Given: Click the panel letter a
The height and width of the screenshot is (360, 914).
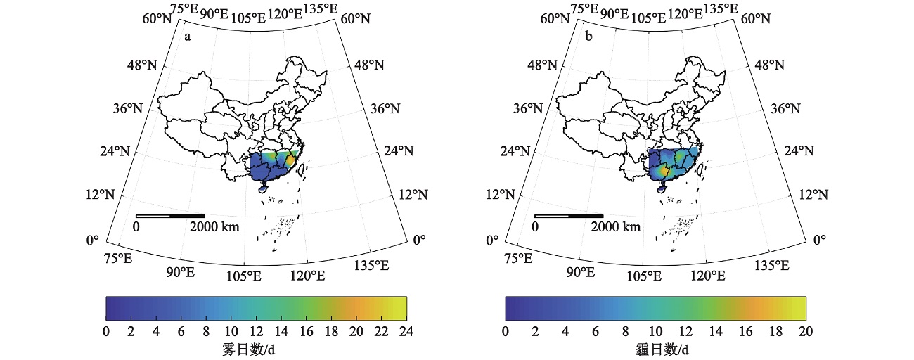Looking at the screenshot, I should pyautogui.click(x=188, y=37).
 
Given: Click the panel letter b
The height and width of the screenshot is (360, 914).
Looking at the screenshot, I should pyautogui.click(x=588, y=37).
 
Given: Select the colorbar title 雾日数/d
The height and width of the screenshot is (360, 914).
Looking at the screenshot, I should pyautogui.click(x=256, y=349).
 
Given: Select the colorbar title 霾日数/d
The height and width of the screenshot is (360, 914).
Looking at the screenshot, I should pyautogui.click(x=655, y=349).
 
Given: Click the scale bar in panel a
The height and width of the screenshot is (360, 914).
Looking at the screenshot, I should pyautogui.click(x=170, y=216).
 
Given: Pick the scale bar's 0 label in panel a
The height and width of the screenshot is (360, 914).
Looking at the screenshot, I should pyautogui.click(x=136, y=227).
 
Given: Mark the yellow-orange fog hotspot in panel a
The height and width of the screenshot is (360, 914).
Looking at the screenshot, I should pyautogui.click(x=290, y=161).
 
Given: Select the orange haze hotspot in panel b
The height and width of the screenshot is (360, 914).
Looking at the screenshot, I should pyautogui.click(x=663, y=171).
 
